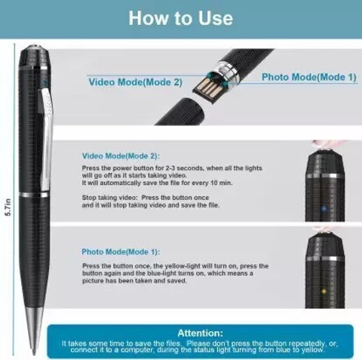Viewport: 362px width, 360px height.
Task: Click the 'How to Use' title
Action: [x=181, y=18]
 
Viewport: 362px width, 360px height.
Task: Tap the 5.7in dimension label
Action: [x=8, y=207]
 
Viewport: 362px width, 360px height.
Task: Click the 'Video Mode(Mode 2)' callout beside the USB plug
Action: [x=135, y=82]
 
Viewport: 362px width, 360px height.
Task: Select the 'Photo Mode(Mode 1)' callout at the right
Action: [x=309, y=77]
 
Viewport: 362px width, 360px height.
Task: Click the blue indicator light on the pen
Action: [x=324, y=208]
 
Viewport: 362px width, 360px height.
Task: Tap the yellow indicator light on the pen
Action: [x=324, y=291]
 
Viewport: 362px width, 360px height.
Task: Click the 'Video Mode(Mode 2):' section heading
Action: [x=121, y=156]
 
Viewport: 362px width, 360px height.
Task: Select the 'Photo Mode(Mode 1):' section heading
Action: [x=121, y=252]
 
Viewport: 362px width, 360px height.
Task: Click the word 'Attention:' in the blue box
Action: [x=201, y=333]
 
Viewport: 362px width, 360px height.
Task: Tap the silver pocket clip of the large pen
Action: [x=47, y=136]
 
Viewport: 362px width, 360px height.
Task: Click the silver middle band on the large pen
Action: [x=35, y=195]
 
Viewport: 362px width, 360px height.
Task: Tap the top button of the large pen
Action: [x=36, y=48]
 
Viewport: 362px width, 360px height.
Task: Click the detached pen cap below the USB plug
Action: [x=180, y=111]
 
